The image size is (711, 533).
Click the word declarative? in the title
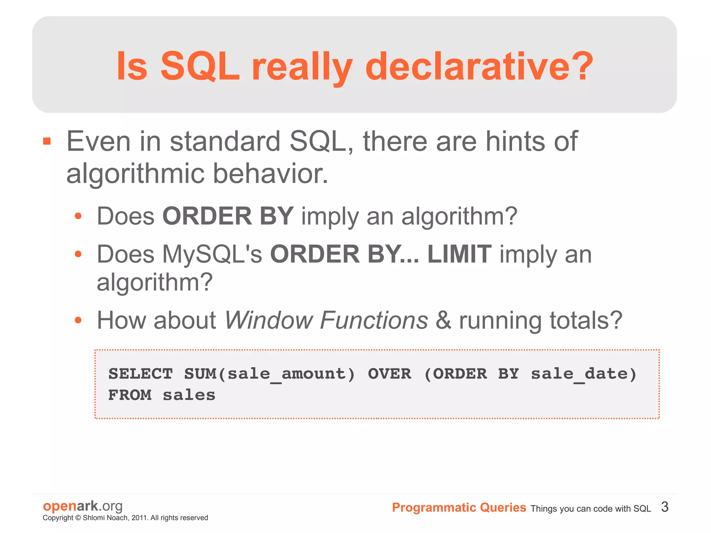[479, 66]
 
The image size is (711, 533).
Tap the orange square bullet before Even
[47, 141]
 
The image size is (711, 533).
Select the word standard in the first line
[225, 141]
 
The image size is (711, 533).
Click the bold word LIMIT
[459, 254]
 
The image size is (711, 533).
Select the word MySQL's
[212, 254]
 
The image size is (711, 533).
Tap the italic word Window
[269, 320]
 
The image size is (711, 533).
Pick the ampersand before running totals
[443, 320]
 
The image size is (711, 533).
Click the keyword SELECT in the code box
[141, 374]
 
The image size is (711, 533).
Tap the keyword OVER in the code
[390, 374]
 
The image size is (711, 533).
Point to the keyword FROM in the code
[130, 395]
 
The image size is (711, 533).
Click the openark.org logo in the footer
[83, 506]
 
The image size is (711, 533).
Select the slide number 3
[664, 507]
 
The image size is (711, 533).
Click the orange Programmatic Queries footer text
[459, 508]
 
